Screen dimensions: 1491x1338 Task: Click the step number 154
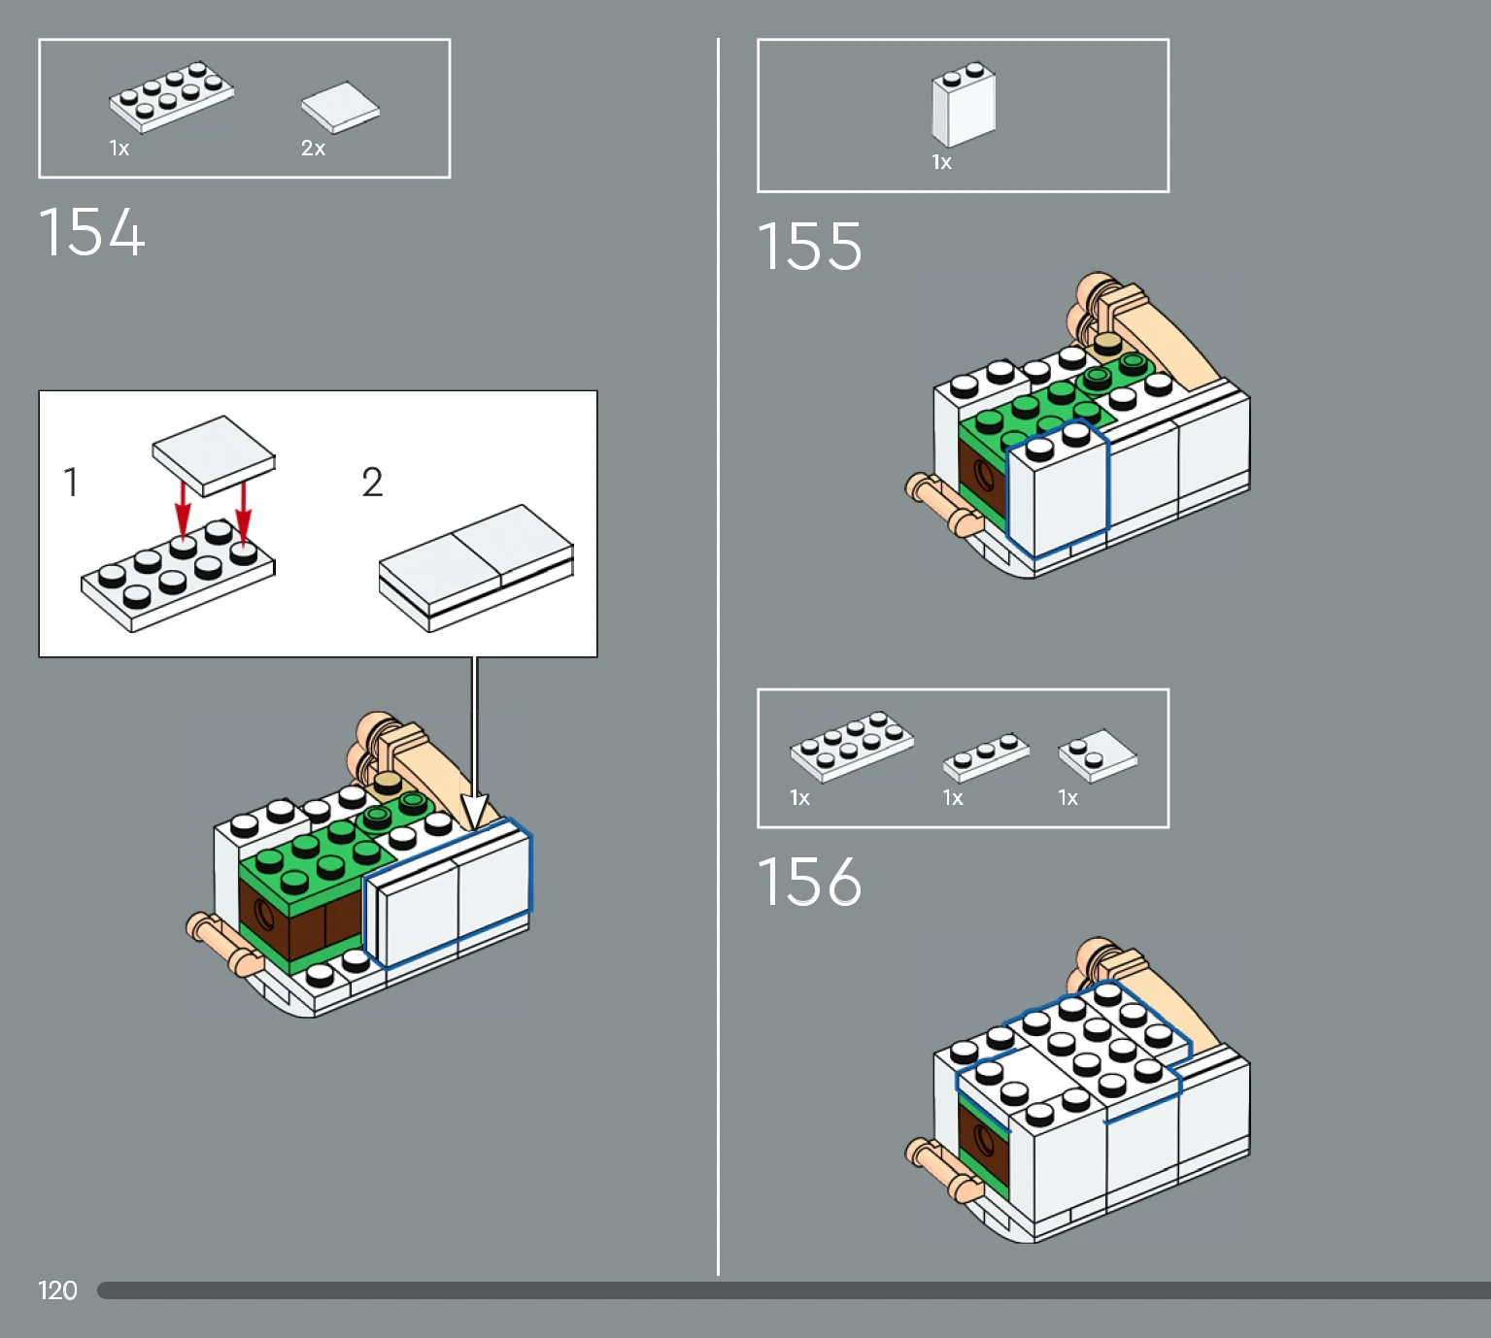[92, 232]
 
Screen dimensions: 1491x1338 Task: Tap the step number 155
[809, 247]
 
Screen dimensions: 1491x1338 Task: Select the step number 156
[809, 882]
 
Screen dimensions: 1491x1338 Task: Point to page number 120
[57, 1290]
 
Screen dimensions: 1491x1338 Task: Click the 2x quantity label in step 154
[313, 148]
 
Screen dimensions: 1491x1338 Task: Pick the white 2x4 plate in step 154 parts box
[172, 96]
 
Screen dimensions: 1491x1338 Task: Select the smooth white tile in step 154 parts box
[340, 108]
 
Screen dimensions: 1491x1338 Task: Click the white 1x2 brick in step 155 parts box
[964, 104]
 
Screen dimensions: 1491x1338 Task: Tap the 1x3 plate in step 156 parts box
[986, 756]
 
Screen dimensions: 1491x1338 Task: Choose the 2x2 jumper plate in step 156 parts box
[1098, 754]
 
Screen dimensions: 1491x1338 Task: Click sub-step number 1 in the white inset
[71, 483]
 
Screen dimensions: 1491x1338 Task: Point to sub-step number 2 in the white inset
[372, 483]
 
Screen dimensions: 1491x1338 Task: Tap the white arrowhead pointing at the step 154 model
[475, 812]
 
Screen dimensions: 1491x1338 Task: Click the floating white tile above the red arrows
[214, 455]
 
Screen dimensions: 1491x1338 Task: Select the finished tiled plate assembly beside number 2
[476, 568]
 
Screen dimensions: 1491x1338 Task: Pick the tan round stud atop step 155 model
[1107, 345]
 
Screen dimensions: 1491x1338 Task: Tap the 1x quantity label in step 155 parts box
[941, 162]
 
